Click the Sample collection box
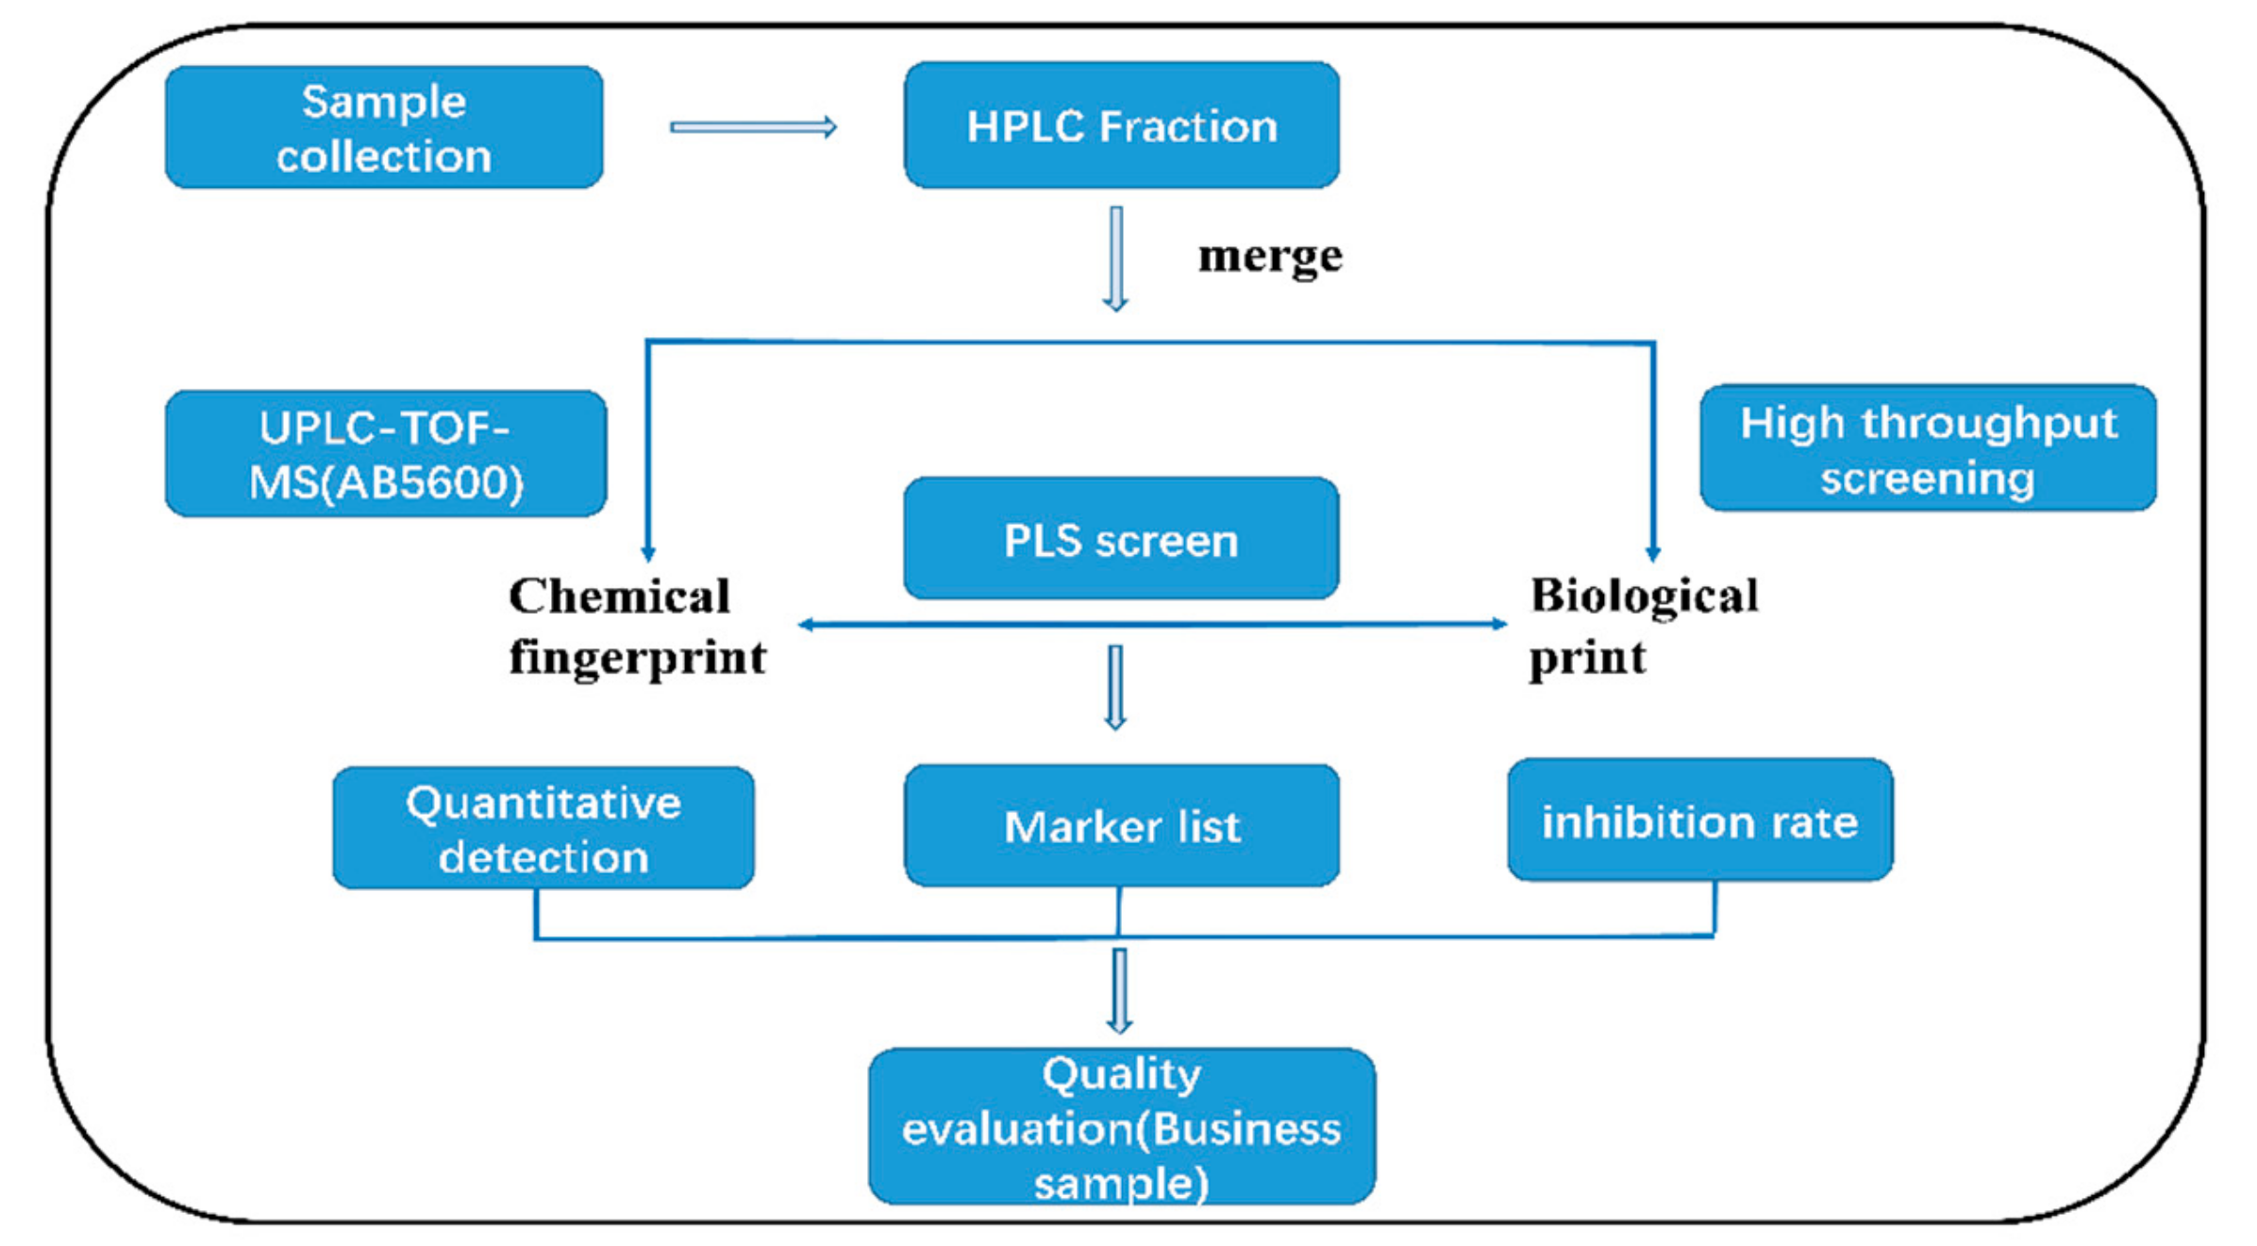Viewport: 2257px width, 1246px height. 384,127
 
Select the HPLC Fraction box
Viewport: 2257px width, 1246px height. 1121,126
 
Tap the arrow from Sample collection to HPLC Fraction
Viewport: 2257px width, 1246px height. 753,127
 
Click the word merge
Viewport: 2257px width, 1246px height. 1269,256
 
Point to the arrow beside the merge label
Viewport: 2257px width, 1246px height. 1116,259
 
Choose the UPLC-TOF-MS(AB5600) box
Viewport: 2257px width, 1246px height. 385,454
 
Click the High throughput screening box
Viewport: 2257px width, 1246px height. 1928,448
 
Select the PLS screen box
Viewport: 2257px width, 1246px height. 1121,539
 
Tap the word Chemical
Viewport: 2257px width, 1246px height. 619,597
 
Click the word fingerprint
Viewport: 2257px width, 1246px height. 637,658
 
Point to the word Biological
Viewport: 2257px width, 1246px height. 1644,597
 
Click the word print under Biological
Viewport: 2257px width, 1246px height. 1587,658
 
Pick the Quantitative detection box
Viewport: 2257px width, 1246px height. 543,829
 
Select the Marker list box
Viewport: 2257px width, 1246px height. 1121,826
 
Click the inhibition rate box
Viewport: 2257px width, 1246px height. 1699,820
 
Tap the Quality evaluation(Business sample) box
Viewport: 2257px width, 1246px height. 1121,1127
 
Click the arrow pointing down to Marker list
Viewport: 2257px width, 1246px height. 1115,687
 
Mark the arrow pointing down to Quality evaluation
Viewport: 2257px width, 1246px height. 1119,991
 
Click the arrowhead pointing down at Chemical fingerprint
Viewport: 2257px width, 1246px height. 648,552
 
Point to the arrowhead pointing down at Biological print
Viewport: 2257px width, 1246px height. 1653,552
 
